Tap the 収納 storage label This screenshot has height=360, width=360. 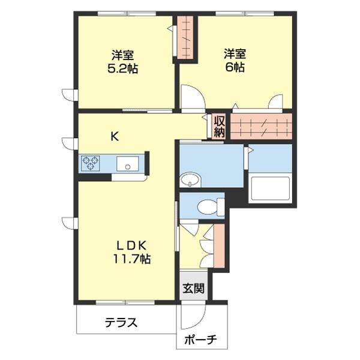218,127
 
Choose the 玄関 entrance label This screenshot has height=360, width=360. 193,288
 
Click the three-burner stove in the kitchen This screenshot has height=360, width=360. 92,163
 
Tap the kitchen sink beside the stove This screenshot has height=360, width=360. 128,163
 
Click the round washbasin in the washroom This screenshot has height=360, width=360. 190,179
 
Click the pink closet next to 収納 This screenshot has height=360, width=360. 262,127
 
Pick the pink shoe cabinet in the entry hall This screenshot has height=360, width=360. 218,246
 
